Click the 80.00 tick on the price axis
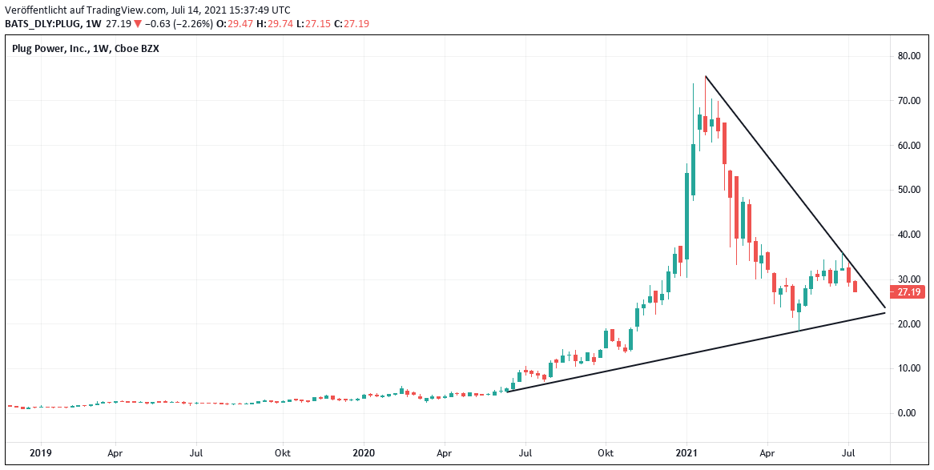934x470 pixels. click(908, 56)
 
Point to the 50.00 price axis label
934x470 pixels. click(908, 190)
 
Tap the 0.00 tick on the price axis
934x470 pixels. click(908, 413)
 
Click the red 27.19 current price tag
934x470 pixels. click(910, 292)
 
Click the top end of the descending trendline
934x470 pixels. click(705, 76)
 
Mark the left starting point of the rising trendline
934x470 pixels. click(508, 391)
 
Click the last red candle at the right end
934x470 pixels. click(855, 287)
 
